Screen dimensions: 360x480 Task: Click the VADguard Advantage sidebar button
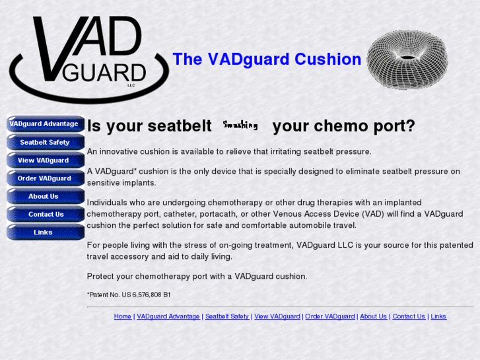coord(44,124)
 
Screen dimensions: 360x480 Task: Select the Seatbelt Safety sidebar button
coord(44,142)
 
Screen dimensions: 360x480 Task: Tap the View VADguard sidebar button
coord(44,161)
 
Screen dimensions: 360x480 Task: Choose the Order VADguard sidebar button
coord(44,178)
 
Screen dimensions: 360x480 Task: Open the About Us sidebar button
coord(44,196)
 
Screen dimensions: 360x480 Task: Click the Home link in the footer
coord(123,316)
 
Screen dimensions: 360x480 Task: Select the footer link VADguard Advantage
coord(168,316)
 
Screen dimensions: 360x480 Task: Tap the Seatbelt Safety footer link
coord(227,316)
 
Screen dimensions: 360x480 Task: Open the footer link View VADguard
coord(277,316)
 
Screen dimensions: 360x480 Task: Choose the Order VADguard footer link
coord(330,316)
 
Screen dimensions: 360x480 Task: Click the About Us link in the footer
coord(373,316)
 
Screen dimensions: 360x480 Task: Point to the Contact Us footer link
coord(409,316)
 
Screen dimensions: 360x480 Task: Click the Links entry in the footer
coord(438,316)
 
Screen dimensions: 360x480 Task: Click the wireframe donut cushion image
coord(407,59)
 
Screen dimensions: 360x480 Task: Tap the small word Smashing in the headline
coord(240,125)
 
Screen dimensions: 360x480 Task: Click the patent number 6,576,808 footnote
coord(129,295)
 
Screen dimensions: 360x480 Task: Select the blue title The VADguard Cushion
coord(267,59)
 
